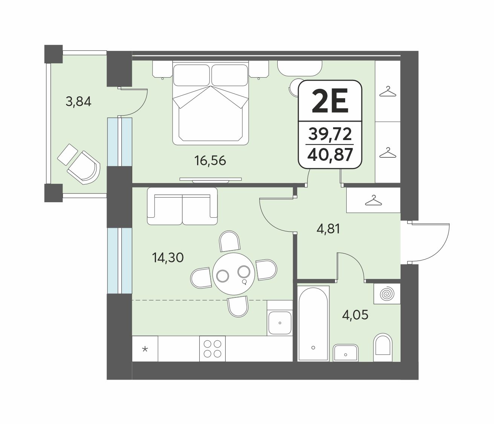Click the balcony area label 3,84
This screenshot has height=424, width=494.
pyautogui.click(x=78, y=102)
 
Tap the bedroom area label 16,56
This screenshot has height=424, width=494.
pyautogui.click(x=210, y=160)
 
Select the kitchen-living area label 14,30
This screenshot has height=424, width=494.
pyautogui.click(x=168, y=258)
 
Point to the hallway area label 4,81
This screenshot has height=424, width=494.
pyautogui.click(x=328, y=229)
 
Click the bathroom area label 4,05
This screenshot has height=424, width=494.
pyautogui.click(x=355, y=315)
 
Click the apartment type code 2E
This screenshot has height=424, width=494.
pyautogui.click(x=330, y=101)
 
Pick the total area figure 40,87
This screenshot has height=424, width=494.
pyautogui.click(x=330, y=154)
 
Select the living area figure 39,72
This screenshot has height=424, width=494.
pyautogui.click(x=330, y=134)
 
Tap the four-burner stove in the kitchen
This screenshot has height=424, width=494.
pyautogui.click(x=213, y=349)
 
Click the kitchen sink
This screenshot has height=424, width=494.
pyautogui.click(x=280, y=323)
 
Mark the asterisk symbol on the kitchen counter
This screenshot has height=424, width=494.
pyautogui.click(x=145, y=349)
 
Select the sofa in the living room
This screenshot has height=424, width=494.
pyautogui.click(x=182, y=206)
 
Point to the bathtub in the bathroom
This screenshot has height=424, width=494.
pyautogui.click(x=314, y=324)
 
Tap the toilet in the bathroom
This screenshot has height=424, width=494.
pyautogui.click(x=382, y=347)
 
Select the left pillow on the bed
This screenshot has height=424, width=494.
pyautogui.click(x=191, y=75)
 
